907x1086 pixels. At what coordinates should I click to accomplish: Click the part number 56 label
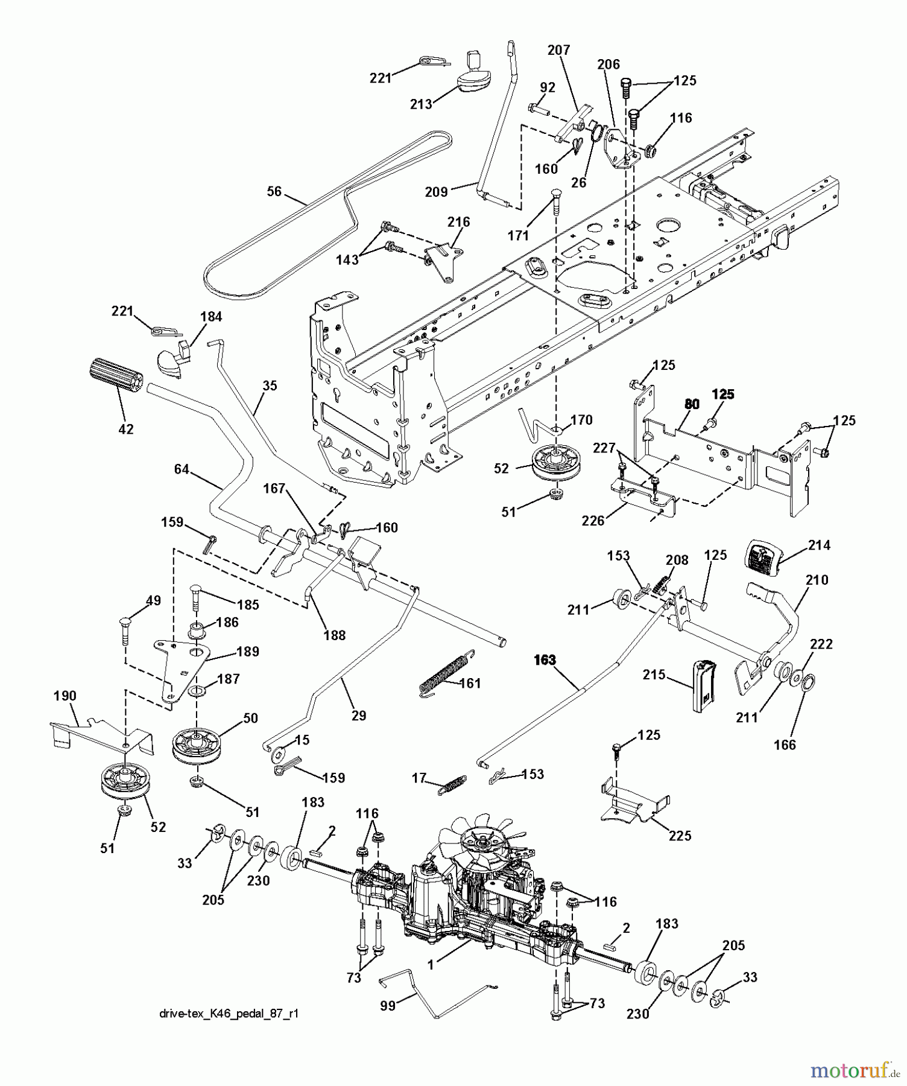pyautogui.click(x=274, y=191)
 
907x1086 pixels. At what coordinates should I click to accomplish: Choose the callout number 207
pyautogui.click(x=558, y=50)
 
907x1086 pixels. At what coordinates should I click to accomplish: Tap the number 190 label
pyautogui.click(x=65, y=696)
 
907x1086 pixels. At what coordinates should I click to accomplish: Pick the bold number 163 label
pyautogui.click(x=545, y=660)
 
